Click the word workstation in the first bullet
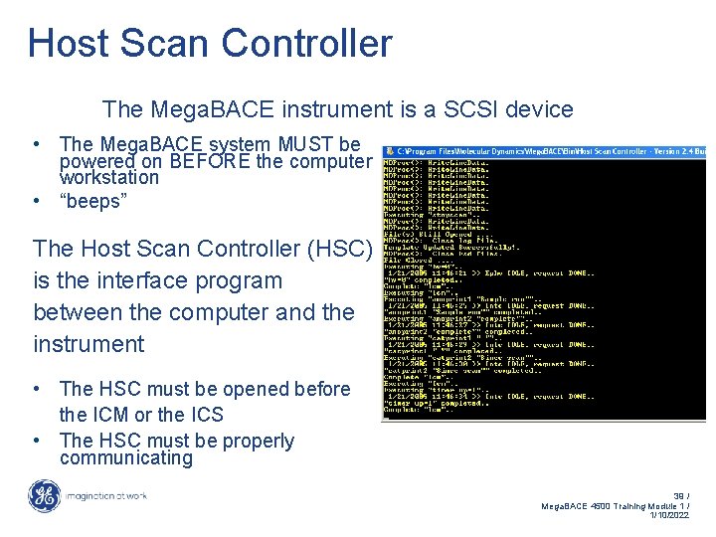pos(109,178)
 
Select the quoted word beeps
pos(95,201)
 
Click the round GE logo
pos(44,496)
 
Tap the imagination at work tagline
pos(106,496)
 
